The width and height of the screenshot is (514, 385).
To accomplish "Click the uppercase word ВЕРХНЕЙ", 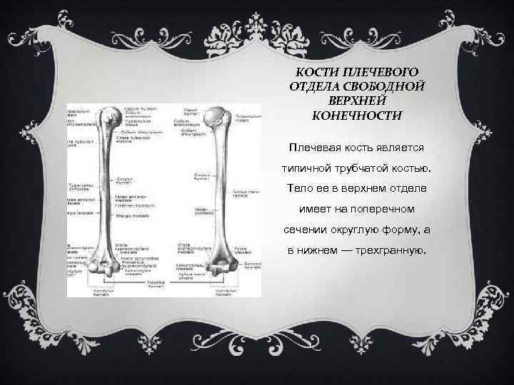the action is click(x=357, y=100).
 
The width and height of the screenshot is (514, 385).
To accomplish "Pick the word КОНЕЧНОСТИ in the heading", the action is click(x=357, y=114).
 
